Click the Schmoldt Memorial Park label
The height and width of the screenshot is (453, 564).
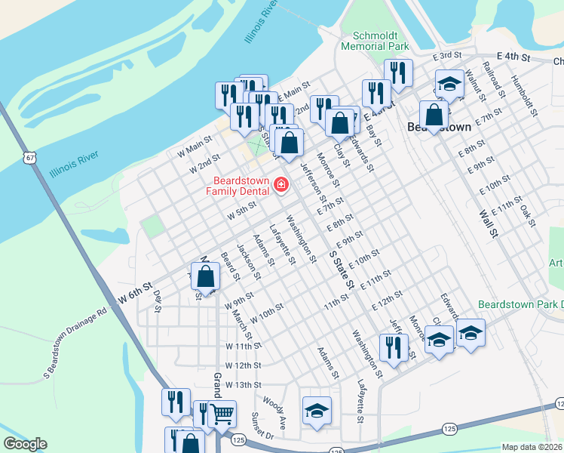click(375, 41)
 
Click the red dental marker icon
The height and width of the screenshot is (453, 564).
click(281, 184)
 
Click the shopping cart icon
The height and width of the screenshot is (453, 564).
click(221, 413)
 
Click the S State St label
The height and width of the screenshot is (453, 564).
click(341, 270)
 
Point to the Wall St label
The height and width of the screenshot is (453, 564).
click(488, 223)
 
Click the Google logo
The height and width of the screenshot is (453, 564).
click(25, 444)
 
